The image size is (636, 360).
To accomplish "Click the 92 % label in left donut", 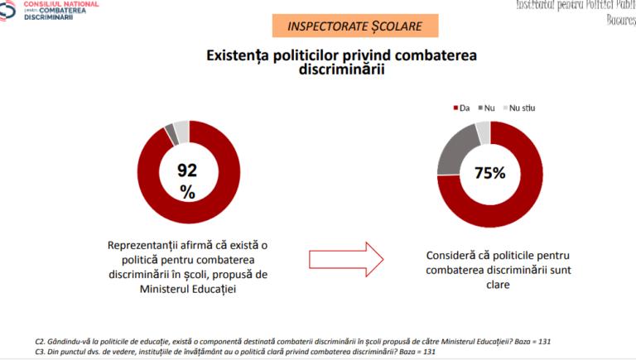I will [188, 181].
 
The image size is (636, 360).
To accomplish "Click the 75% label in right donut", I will [489, 174].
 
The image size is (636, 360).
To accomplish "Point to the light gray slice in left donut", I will [181, 127].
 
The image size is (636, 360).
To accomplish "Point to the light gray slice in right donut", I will [483, 127].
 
